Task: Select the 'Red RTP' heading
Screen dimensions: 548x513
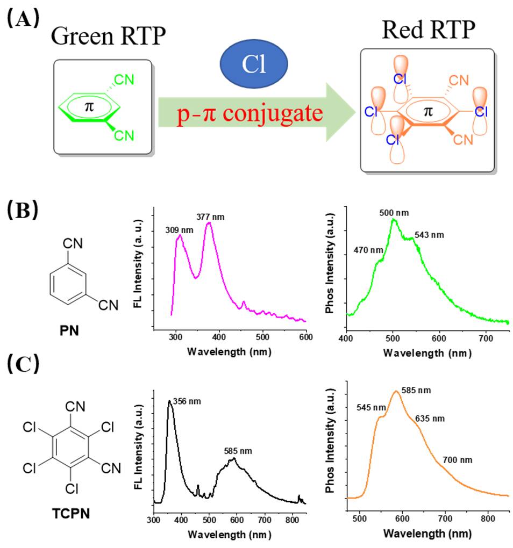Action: [x=428, y=31]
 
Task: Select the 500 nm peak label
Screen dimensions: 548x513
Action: [x=394, y=213]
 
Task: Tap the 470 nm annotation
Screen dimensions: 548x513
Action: [x=368, y=250]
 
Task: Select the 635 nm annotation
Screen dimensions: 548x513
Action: [x=430, y=419]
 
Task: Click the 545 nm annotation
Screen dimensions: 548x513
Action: [x=371, y=407]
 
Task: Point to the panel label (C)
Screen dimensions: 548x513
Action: [x=22, y=364]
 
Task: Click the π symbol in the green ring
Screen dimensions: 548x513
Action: [x=89, y=106]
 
